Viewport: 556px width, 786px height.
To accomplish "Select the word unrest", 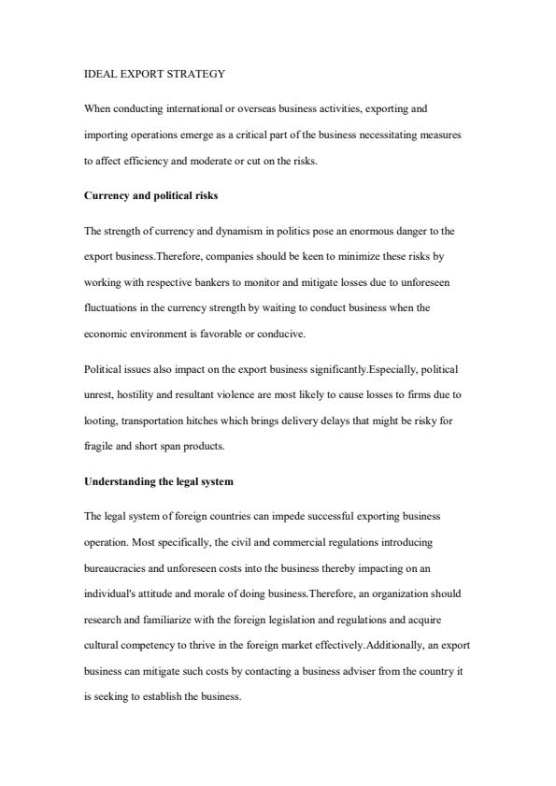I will pos(100,395).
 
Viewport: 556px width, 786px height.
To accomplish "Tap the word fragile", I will pos(99,447).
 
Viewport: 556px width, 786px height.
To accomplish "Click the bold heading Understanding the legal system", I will pos(158,481).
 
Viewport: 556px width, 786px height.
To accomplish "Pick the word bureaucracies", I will pos(117,568).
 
